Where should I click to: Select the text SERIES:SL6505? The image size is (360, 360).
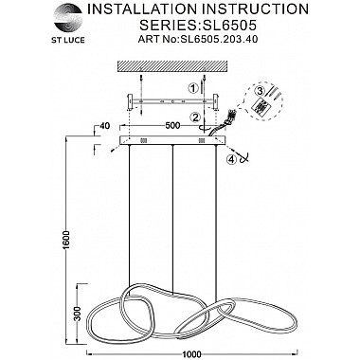coord(198,25)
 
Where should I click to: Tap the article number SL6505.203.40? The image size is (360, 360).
coord(219,39)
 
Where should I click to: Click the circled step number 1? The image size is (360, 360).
coord(192,89)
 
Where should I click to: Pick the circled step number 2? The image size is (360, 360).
coord(195,117)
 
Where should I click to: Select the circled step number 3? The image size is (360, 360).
coord(260,91)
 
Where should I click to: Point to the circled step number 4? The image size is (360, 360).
coord(231,159)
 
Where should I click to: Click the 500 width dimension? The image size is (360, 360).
coord(172,125)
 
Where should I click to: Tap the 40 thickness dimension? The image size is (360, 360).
coord(104,126)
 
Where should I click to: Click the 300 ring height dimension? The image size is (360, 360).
coord(79,313)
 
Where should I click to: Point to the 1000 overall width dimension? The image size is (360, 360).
coord(192,354)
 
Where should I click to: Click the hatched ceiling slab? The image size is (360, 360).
coord(172,66)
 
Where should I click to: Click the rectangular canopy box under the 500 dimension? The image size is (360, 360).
coord(172,140)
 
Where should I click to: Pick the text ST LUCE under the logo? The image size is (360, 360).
coord(68,40)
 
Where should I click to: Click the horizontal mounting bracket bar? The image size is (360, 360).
coord(172,101)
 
